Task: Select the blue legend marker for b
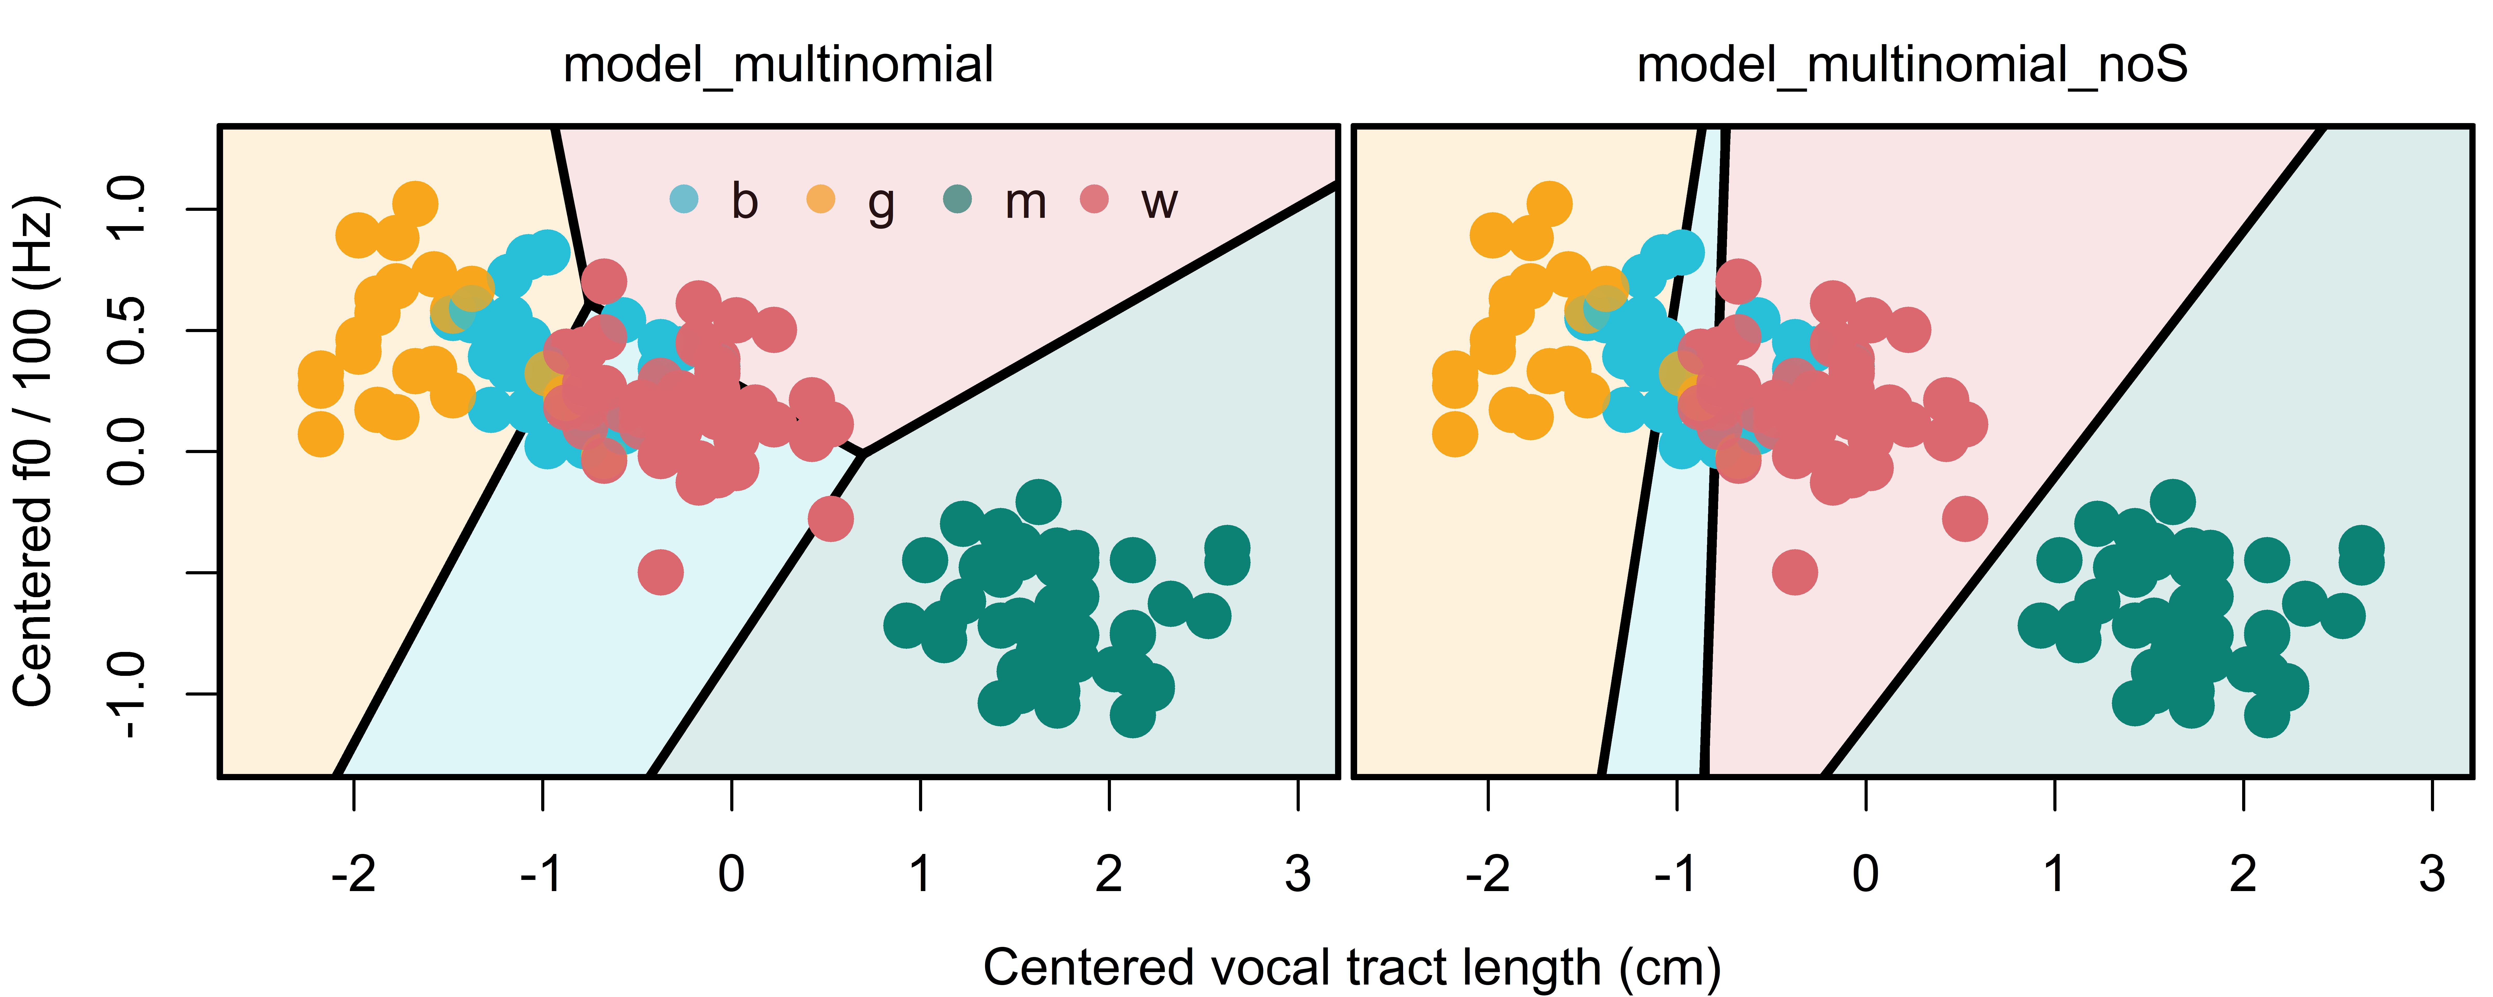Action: click(684, 199)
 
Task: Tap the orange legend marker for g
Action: click(821, 199)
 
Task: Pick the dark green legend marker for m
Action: click(957, 199)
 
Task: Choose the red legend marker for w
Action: click(1094, 199)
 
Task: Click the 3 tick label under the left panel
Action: click(1298, 874)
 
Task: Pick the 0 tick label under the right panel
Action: click(1866, 874)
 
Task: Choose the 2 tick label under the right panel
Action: click(2243, 874)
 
